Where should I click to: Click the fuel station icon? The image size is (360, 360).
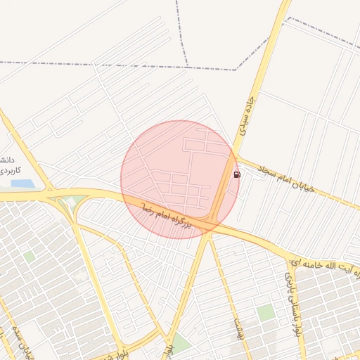click(236, 174)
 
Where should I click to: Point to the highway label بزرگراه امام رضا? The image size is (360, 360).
click(166, 216)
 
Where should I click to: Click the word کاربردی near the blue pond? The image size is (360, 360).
click(10, 171)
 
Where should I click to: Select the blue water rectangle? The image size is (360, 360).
click(22, 184)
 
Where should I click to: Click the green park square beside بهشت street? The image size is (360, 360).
click(264, 313)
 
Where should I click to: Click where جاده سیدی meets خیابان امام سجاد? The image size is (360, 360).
click(236, 156)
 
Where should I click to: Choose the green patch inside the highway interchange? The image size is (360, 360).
click(69, 205)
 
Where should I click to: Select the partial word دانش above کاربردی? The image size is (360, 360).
click(6, 160)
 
